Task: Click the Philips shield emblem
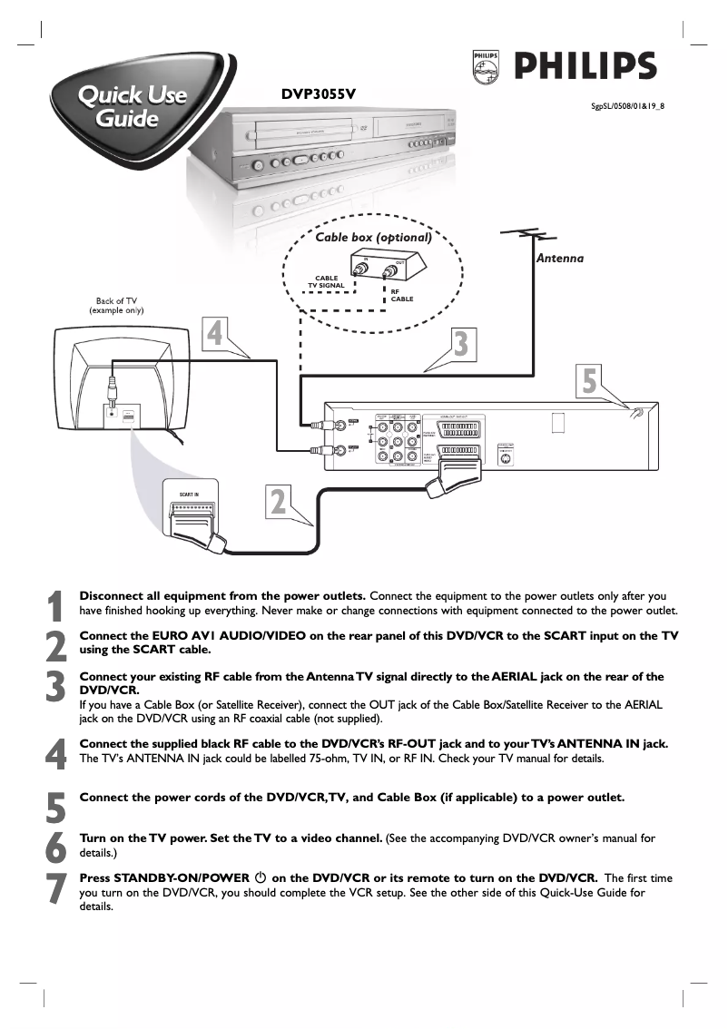tap(487, 68)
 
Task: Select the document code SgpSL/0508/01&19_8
tap(627, 105)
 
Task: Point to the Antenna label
tap(559, 259)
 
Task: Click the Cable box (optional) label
tap(372, 239)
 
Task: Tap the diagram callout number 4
tap(214, 333)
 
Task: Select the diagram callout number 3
tap(460, 344)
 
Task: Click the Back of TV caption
tap(116, 306)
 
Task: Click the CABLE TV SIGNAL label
tap(326, 281)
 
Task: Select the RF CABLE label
tap(402, 295)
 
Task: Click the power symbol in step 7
tap(261, 878)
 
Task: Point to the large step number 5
tap(56, 806)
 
